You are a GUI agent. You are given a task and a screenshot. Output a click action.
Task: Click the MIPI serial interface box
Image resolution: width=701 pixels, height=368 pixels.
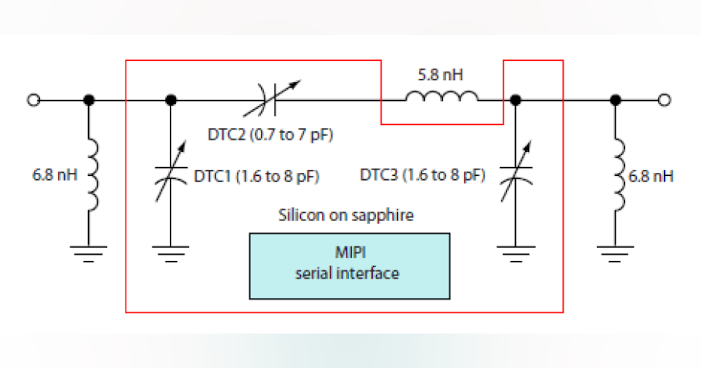click(x=349, y=266)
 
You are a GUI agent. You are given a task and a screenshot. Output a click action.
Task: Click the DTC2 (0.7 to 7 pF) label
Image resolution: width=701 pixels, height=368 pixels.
click(x=270, y=135)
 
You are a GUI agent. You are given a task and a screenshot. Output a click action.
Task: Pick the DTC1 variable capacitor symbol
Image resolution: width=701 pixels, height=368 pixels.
click(x=171, y=175)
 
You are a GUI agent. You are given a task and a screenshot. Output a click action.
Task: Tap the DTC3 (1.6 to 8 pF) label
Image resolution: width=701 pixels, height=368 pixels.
click(x=422, y=175)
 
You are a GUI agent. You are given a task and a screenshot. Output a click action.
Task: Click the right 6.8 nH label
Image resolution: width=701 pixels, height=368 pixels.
click(x=650, y=176)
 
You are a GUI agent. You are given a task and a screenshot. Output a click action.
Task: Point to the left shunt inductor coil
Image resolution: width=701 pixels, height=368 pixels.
click(x=91, y=175)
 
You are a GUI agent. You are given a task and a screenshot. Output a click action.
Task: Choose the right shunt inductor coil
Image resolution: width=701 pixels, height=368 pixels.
click(x=617, y=175)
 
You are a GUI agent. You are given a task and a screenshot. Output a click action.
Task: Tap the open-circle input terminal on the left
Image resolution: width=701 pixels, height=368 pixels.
click(x=33, y=100)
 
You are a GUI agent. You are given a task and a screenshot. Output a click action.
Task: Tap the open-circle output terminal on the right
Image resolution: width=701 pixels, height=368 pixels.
click(x=664, y=100)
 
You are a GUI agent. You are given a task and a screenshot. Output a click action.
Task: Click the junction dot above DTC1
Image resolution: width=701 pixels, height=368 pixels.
click(x=171, y=100)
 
